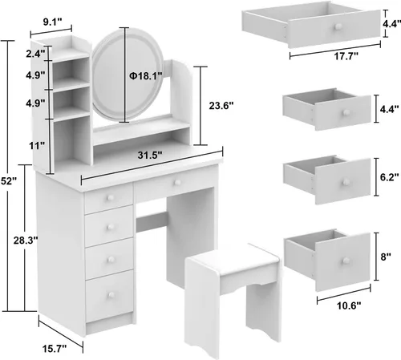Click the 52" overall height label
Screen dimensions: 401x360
click(x=9, y=181)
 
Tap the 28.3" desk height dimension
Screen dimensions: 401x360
click(x=26, y=241)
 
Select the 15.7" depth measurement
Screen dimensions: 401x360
click(x=55, y=348)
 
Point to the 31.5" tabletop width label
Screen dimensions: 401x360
click(x=150, y=155)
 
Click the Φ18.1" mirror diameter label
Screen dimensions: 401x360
click(x=146, y=76)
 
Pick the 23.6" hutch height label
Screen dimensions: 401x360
click(x=221, y=106)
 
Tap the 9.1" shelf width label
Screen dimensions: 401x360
click(x=52, y=22)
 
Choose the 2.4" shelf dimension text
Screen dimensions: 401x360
click(x=35, y=54)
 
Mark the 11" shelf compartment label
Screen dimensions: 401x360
click(x=37, y=146)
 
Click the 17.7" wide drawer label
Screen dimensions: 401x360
click(x=346, y=56)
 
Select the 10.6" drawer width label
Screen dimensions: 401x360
click(x=349, y=305)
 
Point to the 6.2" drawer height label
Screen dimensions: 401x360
click(x=390, y=177)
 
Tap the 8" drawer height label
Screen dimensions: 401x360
click(x=386, y=257)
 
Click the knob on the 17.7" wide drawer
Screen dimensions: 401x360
click(x=338, y=26)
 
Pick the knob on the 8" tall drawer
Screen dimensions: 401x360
click(x=346, y=261)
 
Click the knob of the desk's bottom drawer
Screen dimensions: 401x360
click(x=111, y=295)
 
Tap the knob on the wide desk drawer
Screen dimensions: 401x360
click(x=177, y=183)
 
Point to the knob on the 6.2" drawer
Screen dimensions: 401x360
click(x=346, y=182)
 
